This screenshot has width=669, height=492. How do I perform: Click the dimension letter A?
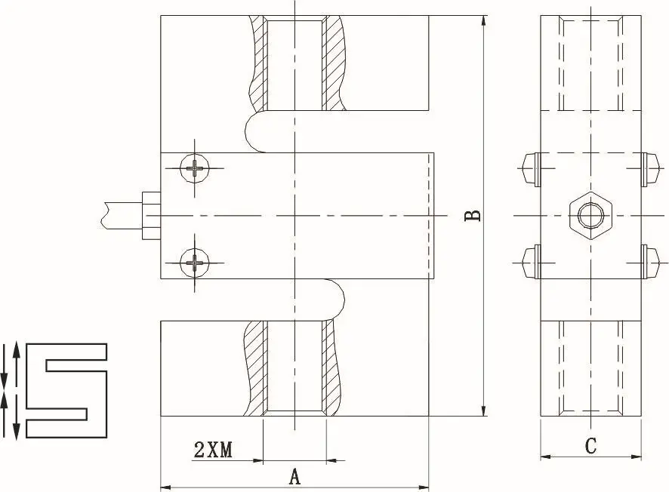(x=294, y=476)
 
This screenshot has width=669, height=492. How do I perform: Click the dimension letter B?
(x=473, y=216)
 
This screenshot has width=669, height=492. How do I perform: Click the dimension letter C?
(x=591, y=447)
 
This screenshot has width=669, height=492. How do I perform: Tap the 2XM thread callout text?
(x=214, y=450)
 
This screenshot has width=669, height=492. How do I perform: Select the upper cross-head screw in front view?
(x=195, y=168)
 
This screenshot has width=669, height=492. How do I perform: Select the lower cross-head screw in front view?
(x=195, y=263)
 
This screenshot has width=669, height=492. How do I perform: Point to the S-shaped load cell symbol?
(x=66, y=391)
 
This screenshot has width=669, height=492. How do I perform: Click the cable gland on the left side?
(x=150, y=216)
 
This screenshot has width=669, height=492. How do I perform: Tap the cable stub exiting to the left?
(x=122, y=216)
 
